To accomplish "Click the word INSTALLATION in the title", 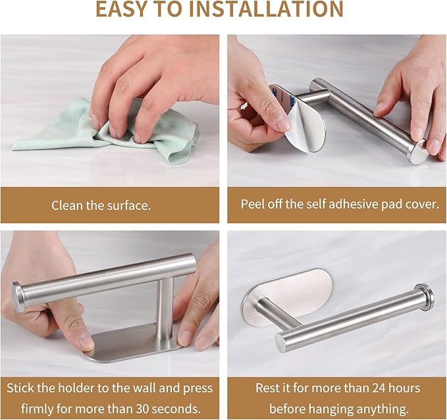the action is (266, 9).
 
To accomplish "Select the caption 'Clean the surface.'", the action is (101, 205).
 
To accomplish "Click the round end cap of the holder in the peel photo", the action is (417, 153).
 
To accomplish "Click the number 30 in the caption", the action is (143, 409).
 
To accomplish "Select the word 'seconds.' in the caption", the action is (176, 409).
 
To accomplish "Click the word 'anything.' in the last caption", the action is (379, 409).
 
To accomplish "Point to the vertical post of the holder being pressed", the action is (165, 309).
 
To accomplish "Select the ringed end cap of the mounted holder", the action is (425, 297).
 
